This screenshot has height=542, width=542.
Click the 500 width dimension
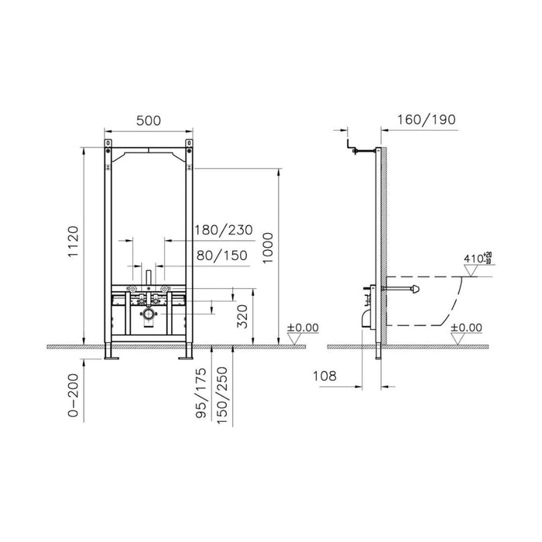click(148, 120)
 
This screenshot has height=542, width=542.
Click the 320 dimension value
click(242, 316)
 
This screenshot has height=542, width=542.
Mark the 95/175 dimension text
click(204, 395)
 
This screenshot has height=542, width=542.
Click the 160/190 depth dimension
click(424, 120)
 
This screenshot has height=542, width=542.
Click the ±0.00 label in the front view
click(303, 328)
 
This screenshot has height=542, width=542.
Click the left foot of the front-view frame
click(111, 355)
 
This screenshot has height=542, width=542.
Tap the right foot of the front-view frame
click(187, 355)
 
